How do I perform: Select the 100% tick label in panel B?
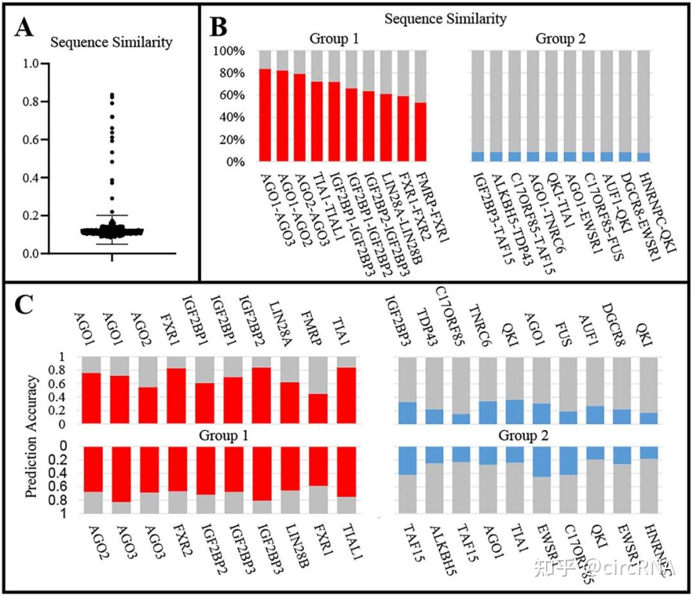coord(228,51)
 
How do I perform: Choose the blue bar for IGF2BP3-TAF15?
coord(477,157)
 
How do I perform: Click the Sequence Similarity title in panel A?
coord(112,43)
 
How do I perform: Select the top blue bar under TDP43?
coord(434,416)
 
